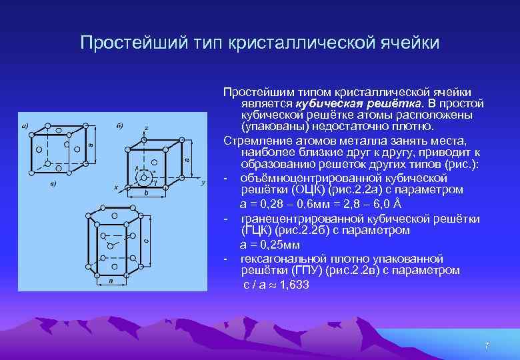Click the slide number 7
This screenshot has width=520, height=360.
click(x=487, y=345)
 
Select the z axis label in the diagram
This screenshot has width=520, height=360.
click(x=146, y=127)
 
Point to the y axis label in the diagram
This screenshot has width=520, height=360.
click(x=203, y=182)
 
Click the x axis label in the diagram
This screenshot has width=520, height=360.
click(x=116, y=187)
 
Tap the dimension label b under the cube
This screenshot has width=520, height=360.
click(x=146, y=193)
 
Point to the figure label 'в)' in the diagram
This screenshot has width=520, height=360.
click(x=53, y=183)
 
